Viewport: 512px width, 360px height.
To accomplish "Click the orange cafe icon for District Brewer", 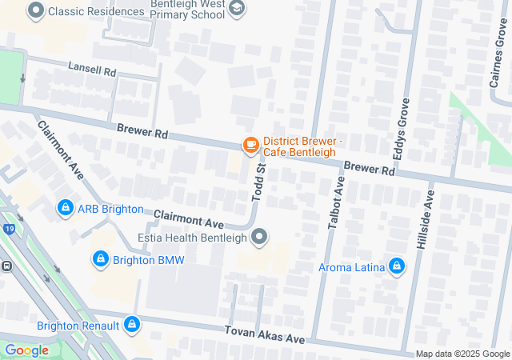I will [250, 145].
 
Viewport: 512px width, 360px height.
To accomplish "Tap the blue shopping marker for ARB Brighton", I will [64, 209].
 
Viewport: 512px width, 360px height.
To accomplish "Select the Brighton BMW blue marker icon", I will [100, 259].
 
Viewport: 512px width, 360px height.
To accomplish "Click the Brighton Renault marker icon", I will [132, 326].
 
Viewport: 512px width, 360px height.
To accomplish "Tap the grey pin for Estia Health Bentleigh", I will [259, 237].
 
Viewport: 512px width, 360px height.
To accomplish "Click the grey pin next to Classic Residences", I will [35, 12].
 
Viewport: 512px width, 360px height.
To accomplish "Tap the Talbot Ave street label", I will [337, 204].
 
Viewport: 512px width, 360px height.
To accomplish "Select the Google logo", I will [26, 350].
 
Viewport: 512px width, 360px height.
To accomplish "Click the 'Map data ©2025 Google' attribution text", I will [462, 354].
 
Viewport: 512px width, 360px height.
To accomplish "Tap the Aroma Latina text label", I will [350, 267].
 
